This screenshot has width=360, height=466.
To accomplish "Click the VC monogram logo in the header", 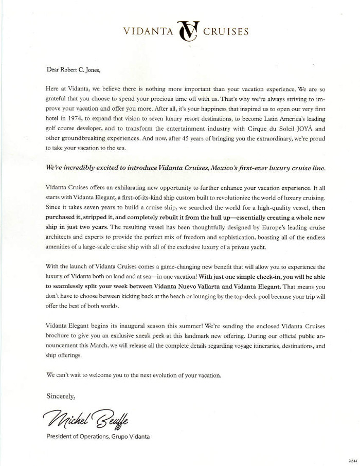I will (x=187, y=31).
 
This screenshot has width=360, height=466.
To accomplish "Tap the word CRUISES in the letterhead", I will (x=226, y=31).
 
